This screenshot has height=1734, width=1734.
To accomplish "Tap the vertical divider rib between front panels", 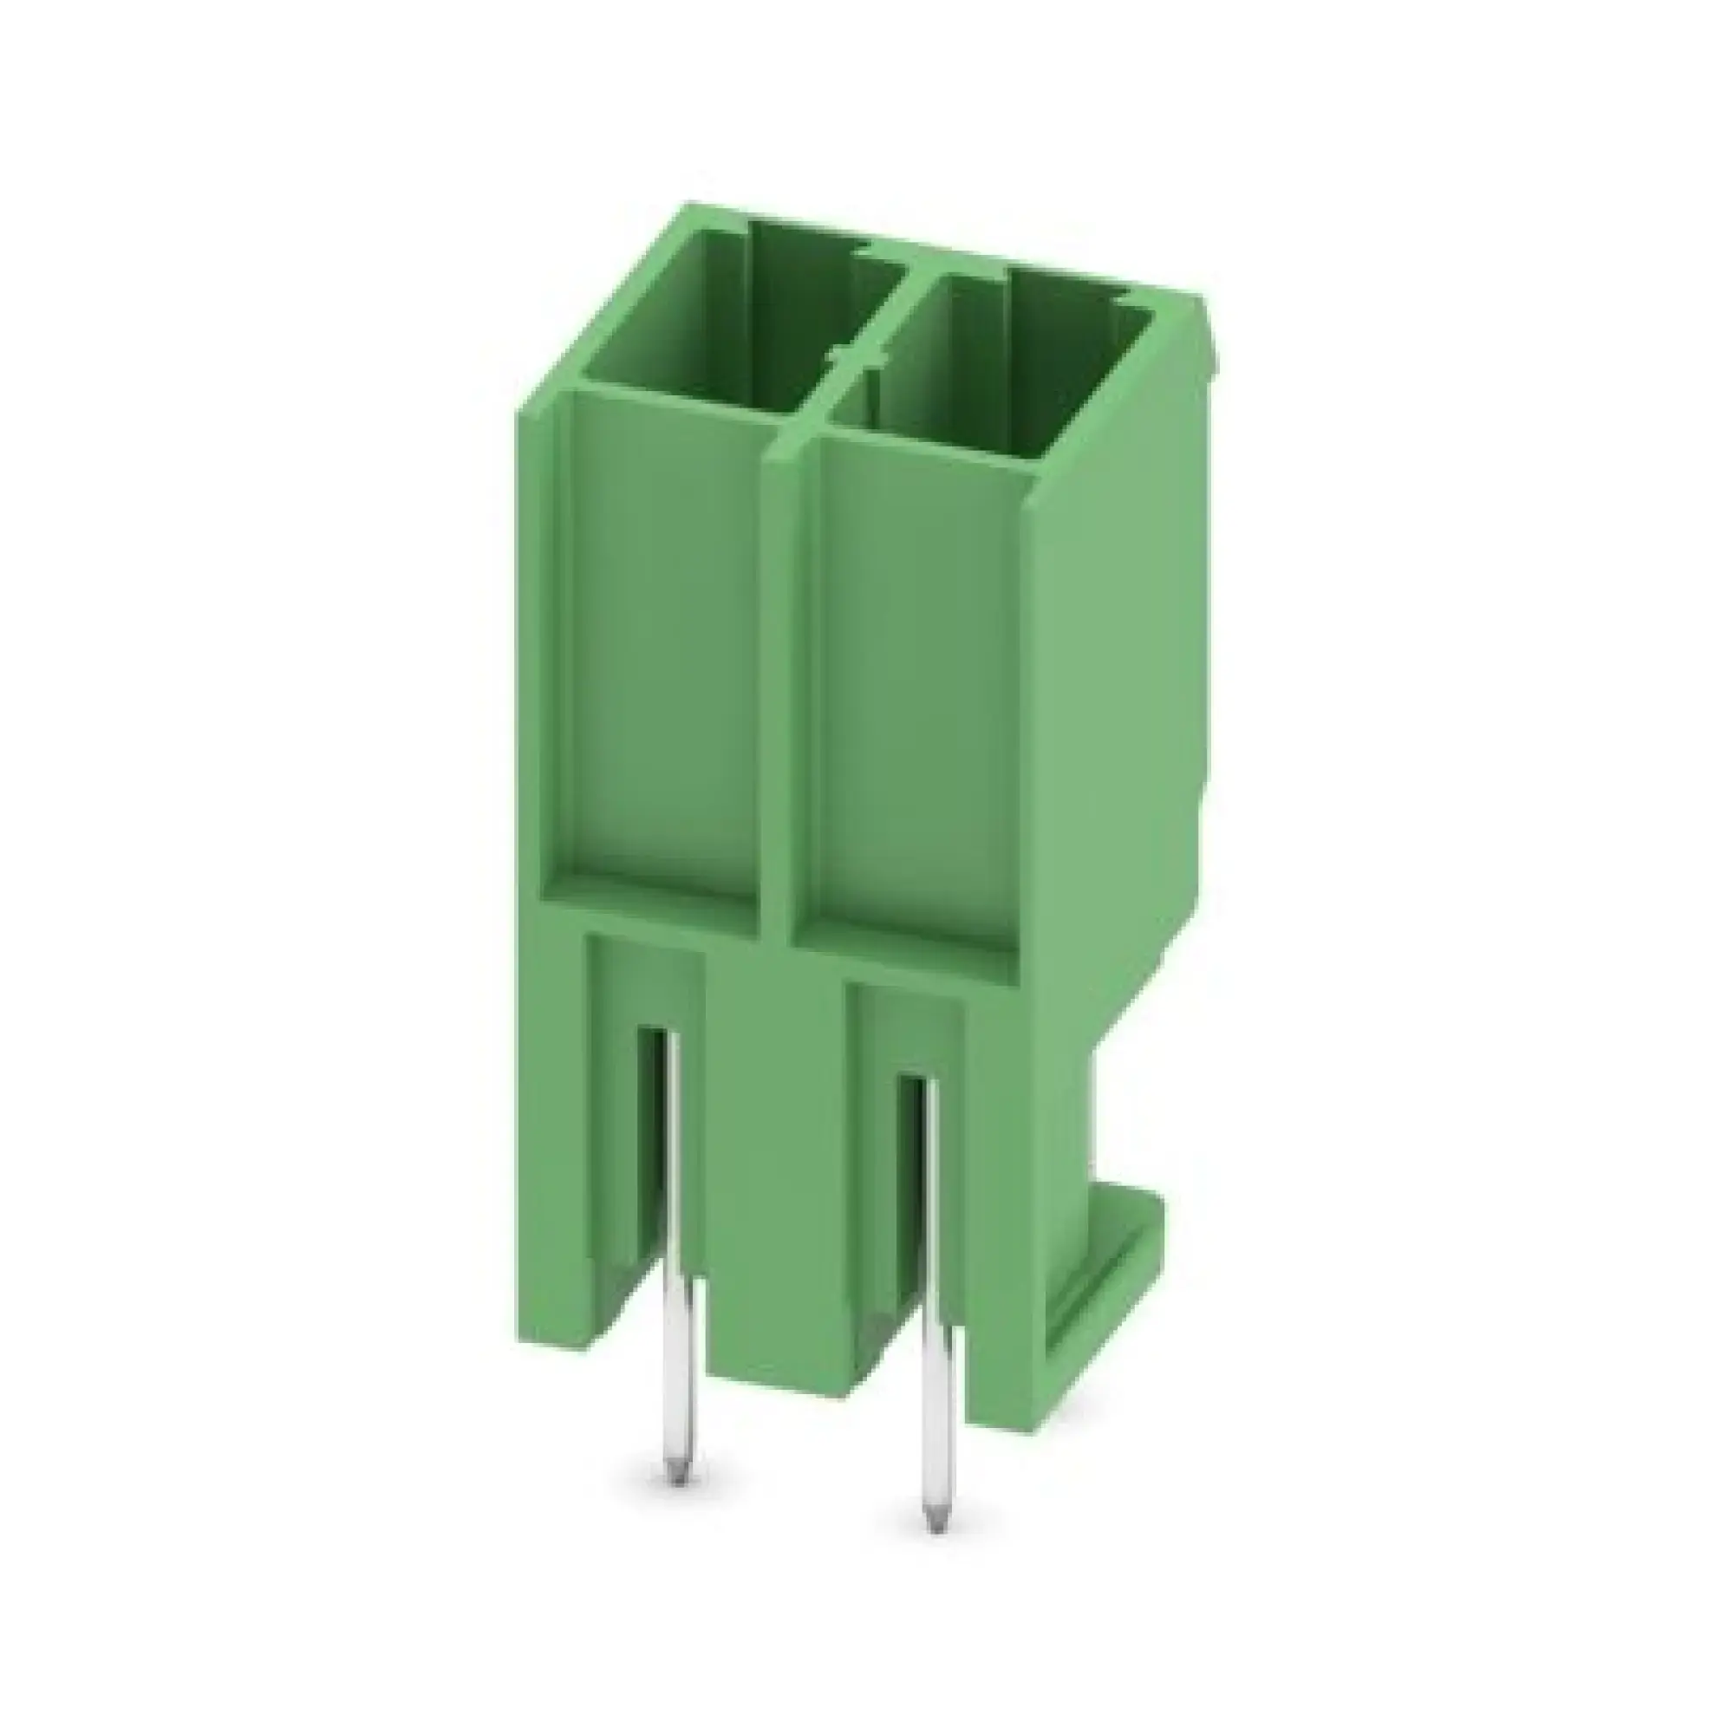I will point(777,682).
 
